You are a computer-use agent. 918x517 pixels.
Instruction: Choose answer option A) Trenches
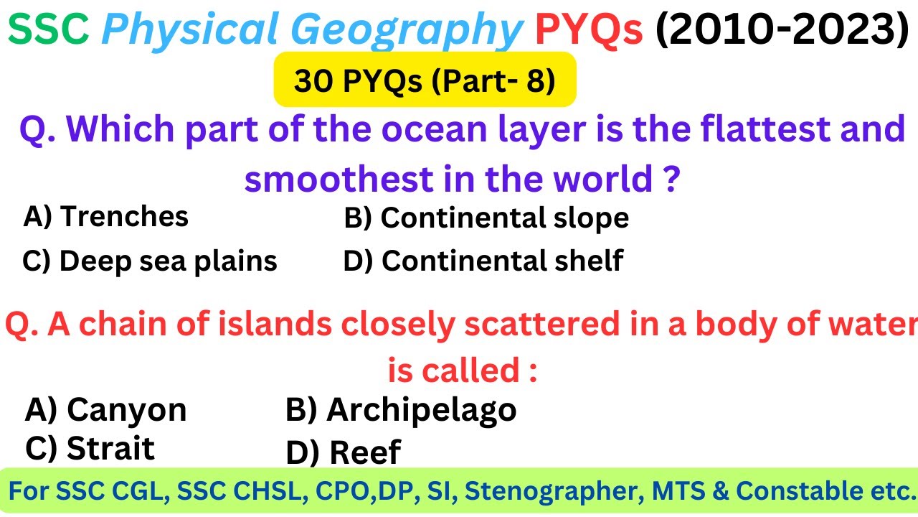pyautogui.click(x=106, y=216)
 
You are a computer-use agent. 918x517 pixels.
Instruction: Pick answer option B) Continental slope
pyautogui.click(x=486, y=218)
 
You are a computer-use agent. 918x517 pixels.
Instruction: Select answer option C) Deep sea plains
pyautogui.click(x=150, y=261)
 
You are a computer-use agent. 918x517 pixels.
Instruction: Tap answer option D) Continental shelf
pyautogui.click(x=483, y=261)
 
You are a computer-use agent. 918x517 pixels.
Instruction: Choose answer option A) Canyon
pyautogui.click(x=105, y=410)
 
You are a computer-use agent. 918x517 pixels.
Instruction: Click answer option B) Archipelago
pyautogui.click(x=401, y=410)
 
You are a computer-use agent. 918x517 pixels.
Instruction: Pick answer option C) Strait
pyautogui.click(x=90, y=449)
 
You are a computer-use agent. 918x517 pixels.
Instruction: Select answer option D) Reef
pyautogui.click(x=343, y=452)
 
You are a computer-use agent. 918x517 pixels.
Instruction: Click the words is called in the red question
pyautogui.click(x=463, y=371)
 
